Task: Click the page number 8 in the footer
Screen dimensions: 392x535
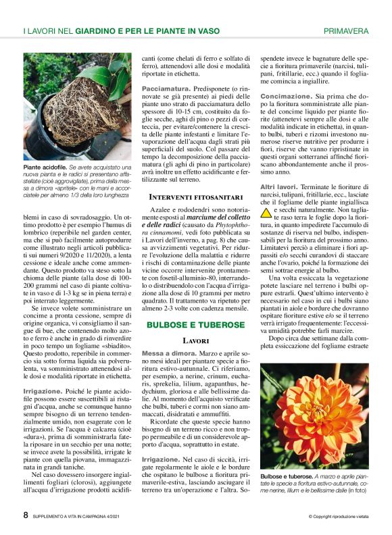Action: (x=26, y=515)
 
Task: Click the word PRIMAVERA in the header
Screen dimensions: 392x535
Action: (x=346, y=31)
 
